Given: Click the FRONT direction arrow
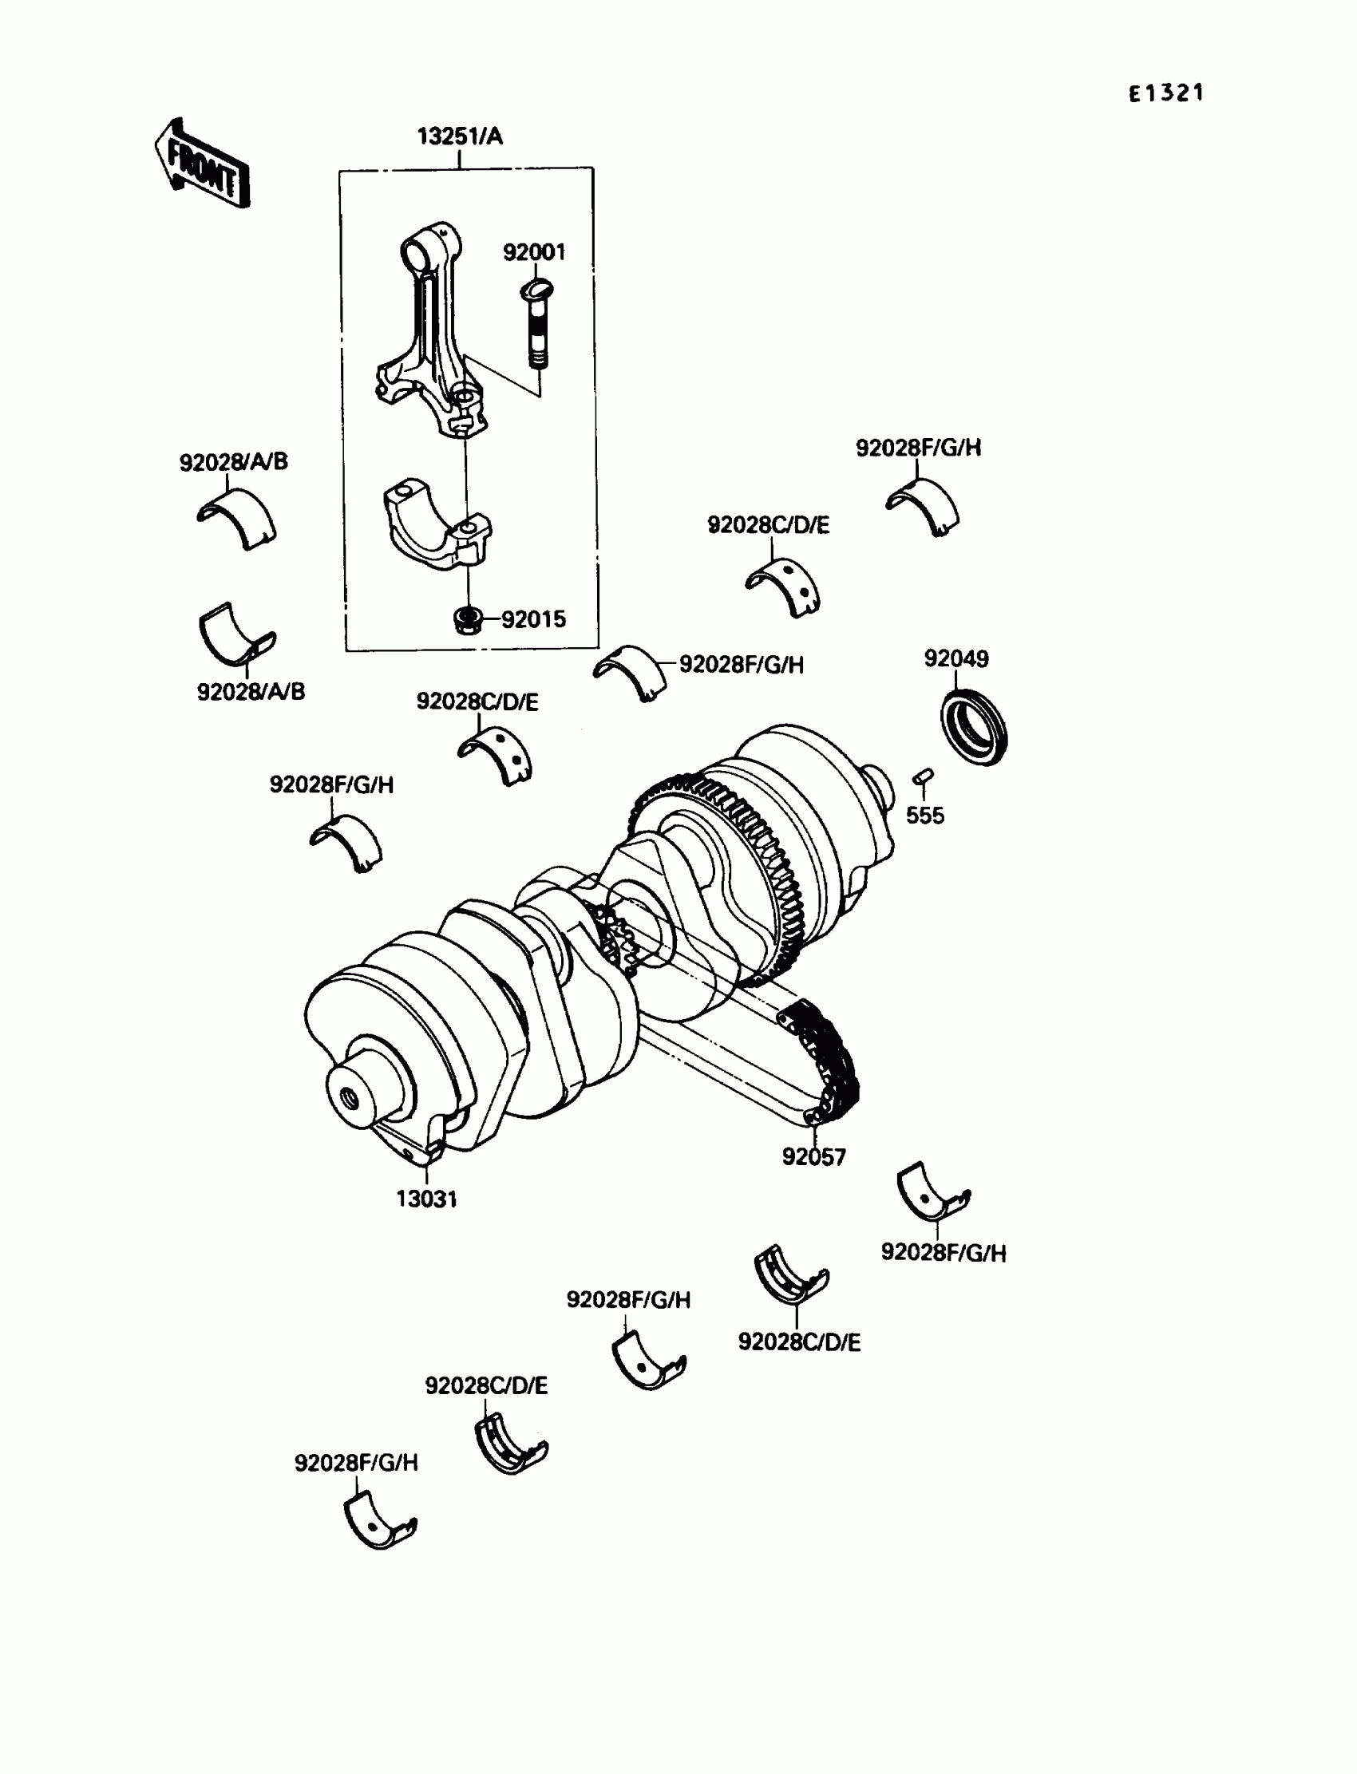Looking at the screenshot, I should coord(202,164).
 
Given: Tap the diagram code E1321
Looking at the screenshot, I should coord(1165,93).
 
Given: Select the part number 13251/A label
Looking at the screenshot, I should coord(460,136).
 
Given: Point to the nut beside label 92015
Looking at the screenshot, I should coord(468,620).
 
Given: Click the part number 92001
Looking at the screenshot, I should coord(534,253).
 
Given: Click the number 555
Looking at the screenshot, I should coord(924,816).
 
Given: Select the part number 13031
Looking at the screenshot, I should coord(426,1199).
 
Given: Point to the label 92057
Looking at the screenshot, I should coord(813,1157).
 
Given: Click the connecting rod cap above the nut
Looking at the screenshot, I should coord(436,525).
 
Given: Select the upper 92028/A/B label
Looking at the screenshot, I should coord(233,462).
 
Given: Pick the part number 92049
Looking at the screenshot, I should coord(955,659).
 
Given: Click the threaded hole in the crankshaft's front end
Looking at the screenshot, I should coord(350,1099).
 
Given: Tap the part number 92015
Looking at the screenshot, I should coord(533,620).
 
